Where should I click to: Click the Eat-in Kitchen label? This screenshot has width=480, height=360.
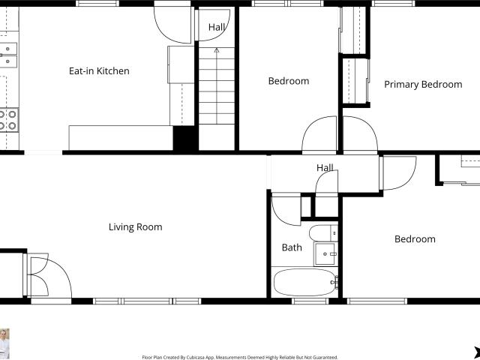coord(99,71)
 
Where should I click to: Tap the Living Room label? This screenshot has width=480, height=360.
coord(135,227)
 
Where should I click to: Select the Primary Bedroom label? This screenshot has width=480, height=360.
coord(423,85)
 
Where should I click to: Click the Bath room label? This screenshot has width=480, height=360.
coord(292,247)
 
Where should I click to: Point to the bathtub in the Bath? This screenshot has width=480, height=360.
coord(305,282)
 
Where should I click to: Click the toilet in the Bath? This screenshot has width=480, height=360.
coord(323,233)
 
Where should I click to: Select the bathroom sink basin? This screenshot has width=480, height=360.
coord(325,254)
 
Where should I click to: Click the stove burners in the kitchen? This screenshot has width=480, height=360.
coord(8,120)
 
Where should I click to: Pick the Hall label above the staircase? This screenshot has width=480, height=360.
coord(217,27)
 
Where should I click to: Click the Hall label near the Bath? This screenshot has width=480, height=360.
coord(325,168)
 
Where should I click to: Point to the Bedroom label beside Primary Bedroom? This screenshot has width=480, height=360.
coord(289,81)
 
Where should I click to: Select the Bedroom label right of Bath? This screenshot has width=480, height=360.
coord(415,239)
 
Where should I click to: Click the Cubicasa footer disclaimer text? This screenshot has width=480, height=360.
coord(240,357)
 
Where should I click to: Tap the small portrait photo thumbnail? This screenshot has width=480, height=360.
coord(4,343)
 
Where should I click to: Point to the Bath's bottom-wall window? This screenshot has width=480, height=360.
coord(310,301)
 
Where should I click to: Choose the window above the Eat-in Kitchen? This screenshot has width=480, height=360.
coord(97,3)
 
